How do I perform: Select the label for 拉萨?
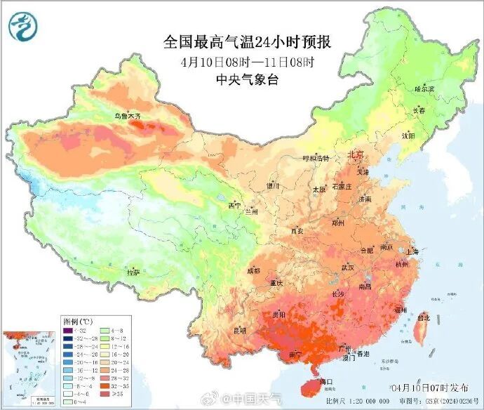click(133, 272)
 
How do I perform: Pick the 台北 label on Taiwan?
click(424, 317)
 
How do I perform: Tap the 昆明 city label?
click(241, 329)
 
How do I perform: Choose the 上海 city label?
click(412, 251)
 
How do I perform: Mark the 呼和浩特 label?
click(304, 159)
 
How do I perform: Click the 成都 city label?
click(253, 270)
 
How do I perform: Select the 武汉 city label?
click(348, 267)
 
